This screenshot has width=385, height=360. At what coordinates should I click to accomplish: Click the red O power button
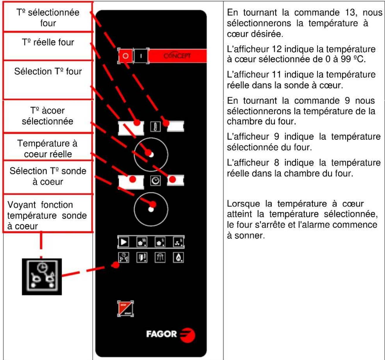click(x=125, y=56)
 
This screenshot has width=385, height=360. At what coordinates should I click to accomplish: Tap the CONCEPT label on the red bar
click(x=177, y=56)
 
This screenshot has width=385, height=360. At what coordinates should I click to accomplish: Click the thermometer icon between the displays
click(x=155, y=127)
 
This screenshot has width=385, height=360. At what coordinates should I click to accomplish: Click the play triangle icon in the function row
click(x=124, y=242)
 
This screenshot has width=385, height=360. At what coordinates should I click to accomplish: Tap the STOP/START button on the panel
click(x=125, y=309)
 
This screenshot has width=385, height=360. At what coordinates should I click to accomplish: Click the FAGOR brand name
click(x=161, y=334)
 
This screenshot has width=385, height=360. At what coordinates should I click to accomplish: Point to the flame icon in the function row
click(x=178, y=258)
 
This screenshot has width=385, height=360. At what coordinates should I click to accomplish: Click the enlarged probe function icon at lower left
click(x=42, y=276)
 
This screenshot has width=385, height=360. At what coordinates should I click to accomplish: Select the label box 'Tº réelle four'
click(x=48, y=43)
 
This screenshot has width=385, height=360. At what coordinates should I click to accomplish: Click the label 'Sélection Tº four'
click(x=48, y=72)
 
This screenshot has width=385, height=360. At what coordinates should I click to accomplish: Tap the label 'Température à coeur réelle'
click(x=48, y=149)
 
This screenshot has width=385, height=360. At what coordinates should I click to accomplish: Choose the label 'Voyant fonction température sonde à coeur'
click(x=47, y=215)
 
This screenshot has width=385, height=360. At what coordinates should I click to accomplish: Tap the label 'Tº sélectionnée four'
click(x=48, y=18)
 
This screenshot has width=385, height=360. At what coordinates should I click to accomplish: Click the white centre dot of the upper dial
click(x=151, y=155)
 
